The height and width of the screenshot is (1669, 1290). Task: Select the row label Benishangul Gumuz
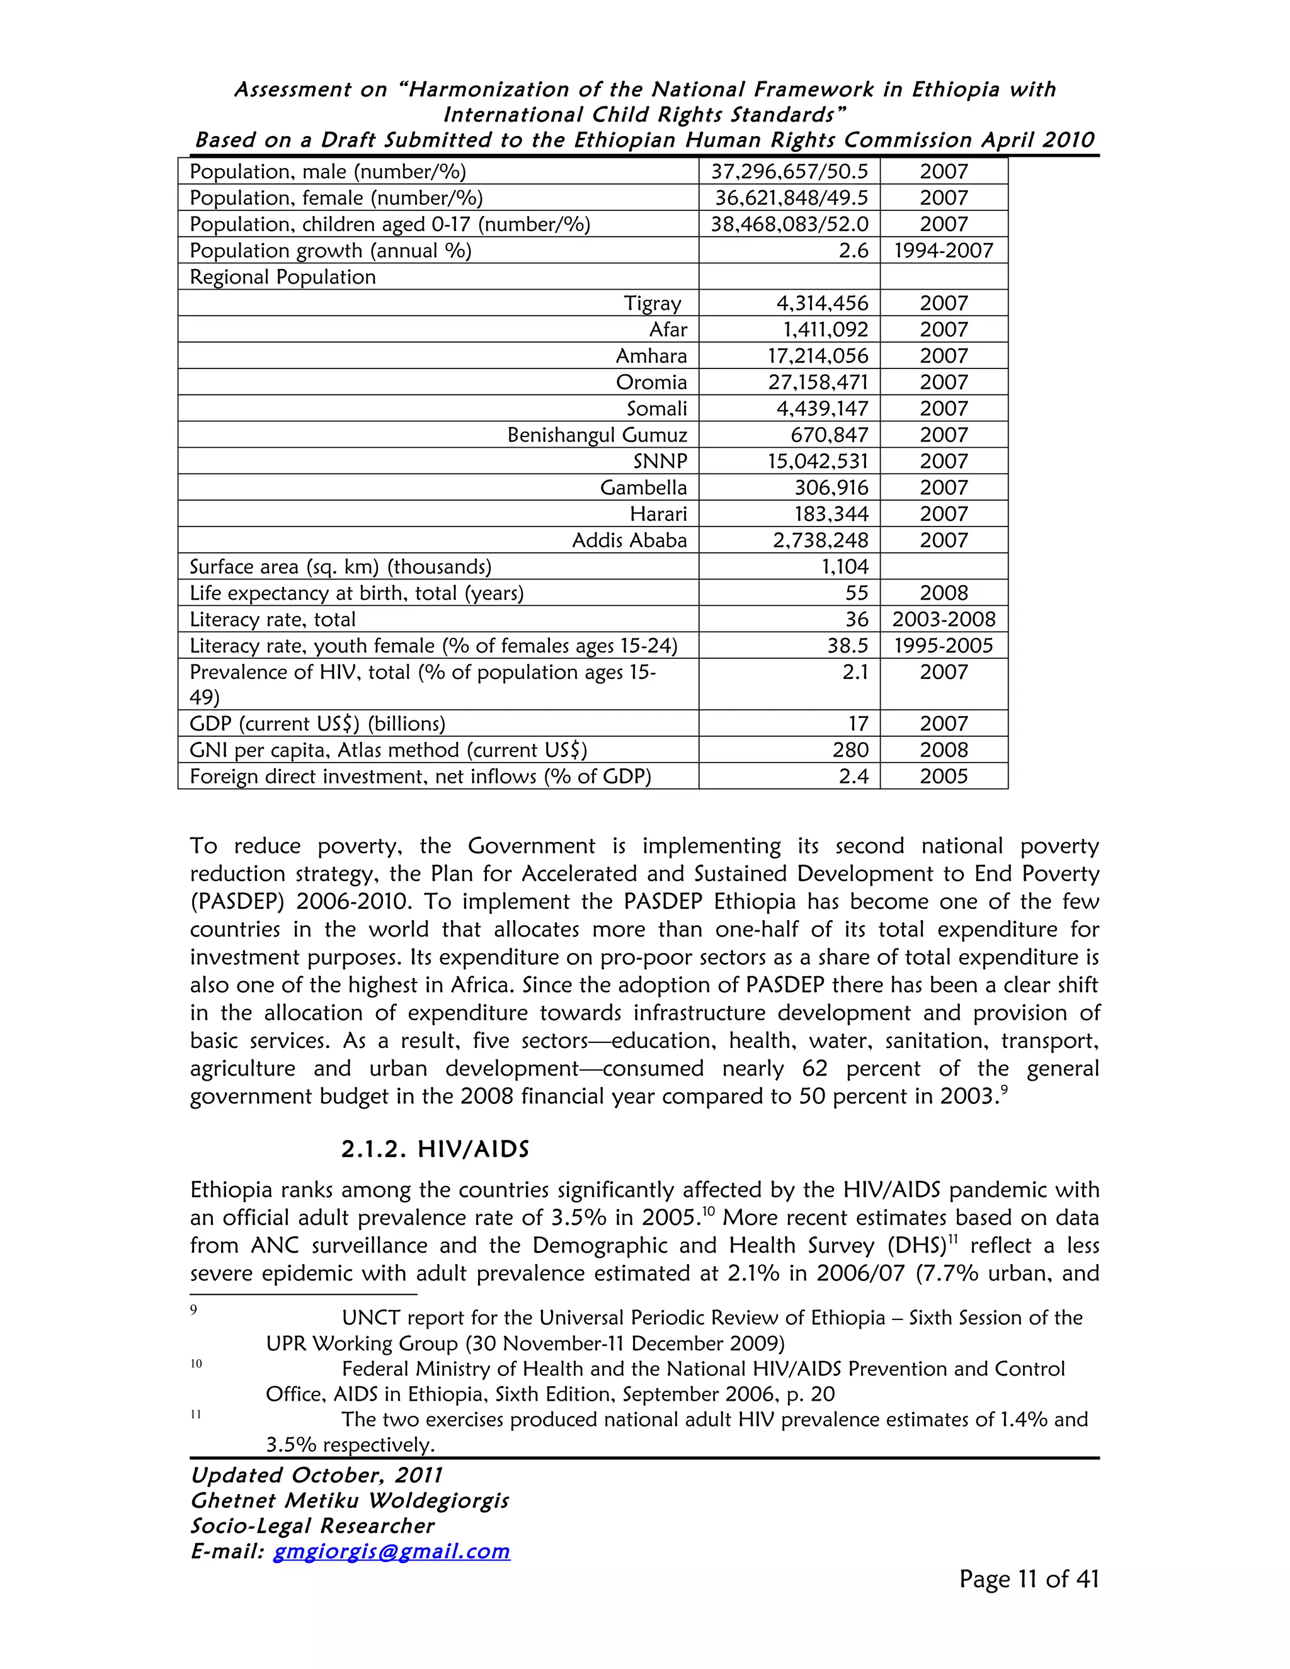[x=597, y=435]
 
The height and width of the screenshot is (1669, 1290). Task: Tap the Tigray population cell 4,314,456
[x=822, y=304]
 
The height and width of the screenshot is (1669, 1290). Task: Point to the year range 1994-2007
[x=943, y=251]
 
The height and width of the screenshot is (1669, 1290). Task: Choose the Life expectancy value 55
[x=857, y=593]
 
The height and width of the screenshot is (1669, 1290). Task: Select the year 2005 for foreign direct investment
[x=943, y=777]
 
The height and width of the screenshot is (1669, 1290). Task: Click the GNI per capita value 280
[x=850, y=749]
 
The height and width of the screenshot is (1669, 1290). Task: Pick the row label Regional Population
[x=283, y=276]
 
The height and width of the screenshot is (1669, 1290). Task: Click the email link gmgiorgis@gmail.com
[x=391, y=1551]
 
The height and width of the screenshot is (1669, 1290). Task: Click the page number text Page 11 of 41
[x=1029, y=1579]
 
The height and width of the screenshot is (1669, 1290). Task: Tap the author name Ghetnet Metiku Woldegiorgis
[x=349, y=1500]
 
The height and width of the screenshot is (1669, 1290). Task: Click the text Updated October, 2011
[x=316, y=1475]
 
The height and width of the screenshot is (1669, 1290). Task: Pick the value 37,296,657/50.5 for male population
[x=789, y=171]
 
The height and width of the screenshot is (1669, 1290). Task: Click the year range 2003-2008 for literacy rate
[x=943, y=619]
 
